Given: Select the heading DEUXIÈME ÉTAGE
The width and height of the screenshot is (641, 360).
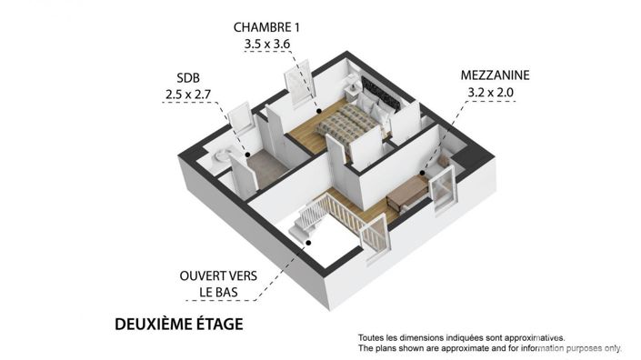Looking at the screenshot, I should pos(178,324).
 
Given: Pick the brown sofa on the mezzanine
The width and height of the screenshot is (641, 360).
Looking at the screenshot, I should pos(407,192).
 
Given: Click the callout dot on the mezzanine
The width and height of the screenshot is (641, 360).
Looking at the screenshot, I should pos(424,173).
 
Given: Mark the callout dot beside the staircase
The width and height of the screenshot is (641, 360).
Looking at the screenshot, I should pos(309,243).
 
